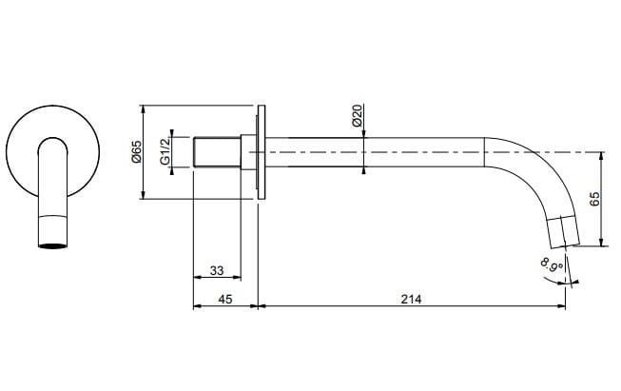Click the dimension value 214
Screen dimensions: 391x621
tap(411, 298)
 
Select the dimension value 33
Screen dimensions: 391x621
tap(216, 271)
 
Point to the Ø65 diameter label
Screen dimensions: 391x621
tap(136, 151)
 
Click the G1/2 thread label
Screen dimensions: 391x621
tap(165, 151)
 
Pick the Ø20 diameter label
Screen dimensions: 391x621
tap(356, 117)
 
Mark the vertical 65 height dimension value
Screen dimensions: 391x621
tap(594, 199)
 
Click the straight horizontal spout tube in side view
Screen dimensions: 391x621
tap(380, 152)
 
